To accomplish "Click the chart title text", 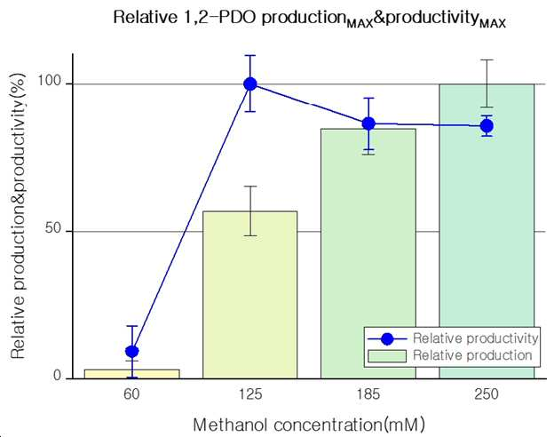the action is tap(310, 19).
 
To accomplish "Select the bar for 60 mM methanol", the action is tap(132, 374).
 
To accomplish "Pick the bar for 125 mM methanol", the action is tap(250, 295).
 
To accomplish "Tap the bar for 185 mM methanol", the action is tap(368, 253).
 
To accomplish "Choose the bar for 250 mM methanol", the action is tap(487, 231).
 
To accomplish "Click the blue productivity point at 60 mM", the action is tap(132, 352).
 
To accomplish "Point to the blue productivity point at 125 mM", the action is tap(250, 84).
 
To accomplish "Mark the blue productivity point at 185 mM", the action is tap(368, 123).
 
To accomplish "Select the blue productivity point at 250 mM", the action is tap(487, 125).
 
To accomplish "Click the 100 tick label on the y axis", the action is tap(50, 81).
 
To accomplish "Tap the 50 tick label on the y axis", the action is tap(53, 228).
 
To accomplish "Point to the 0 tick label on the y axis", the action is tap(57, 376).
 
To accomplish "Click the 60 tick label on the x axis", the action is tap(131, 393).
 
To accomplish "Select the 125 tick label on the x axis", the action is tap(250, 393).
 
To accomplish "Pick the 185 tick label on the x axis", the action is tap(368, 393).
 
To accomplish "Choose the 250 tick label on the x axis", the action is tap(487, 393).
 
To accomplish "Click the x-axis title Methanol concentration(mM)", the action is tap(309, 425).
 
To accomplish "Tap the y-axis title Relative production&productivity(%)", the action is tap(18, 216).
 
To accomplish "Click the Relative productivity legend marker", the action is tap(387, 339).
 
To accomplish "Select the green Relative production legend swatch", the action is tap(387, 356).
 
